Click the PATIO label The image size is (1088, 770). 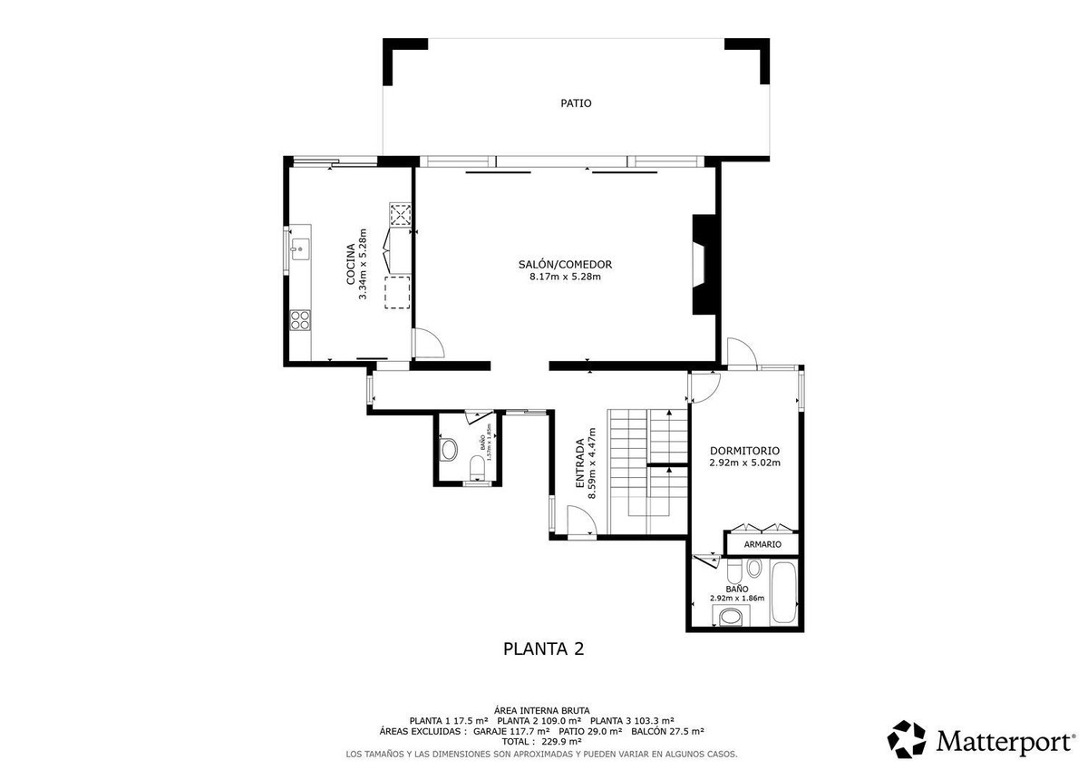(575, 103)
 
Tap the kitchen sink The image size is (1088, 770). (298, 246)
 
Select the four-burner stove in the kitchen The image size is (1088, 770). (300, 319)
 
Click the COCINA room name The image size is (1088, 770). (351, 265)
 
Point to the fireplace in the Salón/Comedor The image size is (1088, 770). (703, 265)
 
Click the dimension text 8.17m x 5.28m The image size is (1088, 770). (566, 277)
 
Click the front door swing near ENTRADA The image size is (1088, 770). (579, 522)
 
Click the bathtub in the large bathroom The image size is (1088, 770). (782, 592)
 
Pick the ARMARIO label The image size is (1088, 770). (762, 544)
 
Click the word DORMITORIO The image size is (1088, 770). (744, 450)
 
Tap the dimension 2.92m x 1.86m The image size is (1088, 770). (736, 599)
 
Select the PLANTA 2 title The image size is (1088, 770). (543, 648)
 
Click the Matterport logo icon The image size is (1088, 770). (906, 739)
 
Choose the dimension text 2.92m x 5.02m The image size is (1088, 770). (744, 463)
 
